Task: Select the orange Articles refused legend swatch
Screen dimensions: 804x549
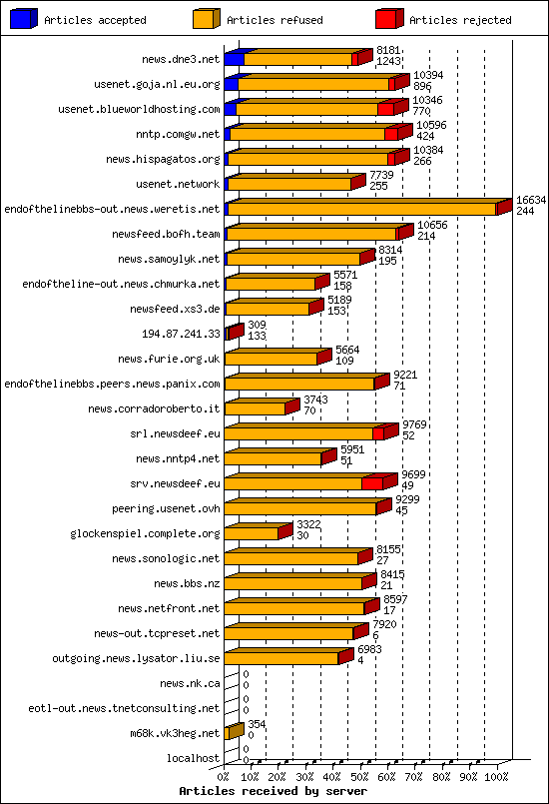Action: (205, 18)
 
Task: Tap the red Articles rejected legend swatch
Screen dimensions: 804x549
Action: (389, 18)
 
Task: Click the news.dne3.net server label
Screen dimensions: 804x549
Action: (180, 59)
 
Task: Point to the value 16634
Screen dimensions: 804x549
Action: (531, 201)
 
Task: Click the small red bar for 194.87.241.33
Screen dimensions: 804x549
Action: (234, 332)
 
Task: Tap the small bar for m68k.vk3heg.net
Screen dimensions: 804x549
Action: (234, 732)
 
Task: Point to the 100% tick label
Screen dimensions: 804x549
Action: (496, 775)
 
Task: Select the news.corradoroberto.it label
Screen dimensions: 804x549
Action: (154, 408)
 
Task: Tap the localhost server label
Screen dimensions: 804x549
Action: (193, 758)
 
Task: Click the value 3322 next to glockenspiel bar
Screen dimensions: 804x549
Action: (308, 524)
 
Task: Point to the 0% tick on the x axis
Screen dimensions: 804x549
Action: (224, 775)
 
